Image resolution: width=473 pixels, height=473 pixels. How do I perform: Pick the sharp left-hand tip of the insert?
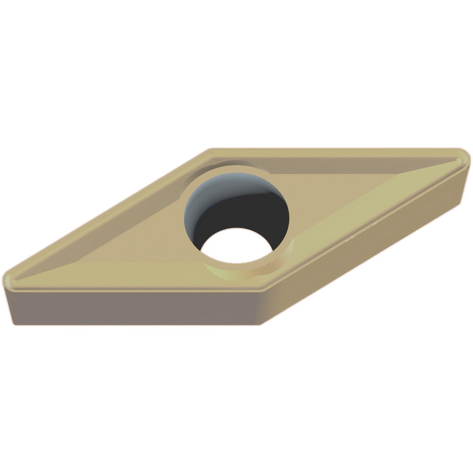pyautogui.click(x=7, y=276)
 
